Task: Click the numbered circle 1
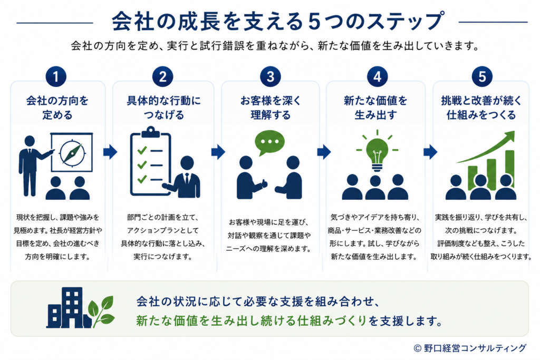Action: (56, 76)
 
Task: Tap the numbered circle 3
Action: (271, 76)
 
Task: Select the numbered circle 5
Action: (482, 76)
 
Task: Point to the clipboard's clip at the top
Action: (150, 131)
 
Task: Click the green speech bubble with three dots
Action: (269, 142)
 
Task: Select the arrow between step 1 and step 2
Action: (110, 152)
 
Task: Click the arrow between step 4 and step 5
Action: (430, 152)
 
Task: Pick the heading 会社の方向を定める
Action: (57, 108)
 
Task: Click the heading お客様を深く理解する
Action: (271, 108)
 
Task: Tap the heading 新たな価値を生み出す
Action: (375, 108)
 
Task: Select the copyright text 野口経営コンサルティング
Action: (475, 348)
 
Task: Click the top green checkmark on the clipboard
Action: (142, 150)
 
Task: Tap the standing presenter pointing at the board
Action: (32, 166)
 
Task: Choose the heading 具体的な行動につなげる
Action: (163, 108)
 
